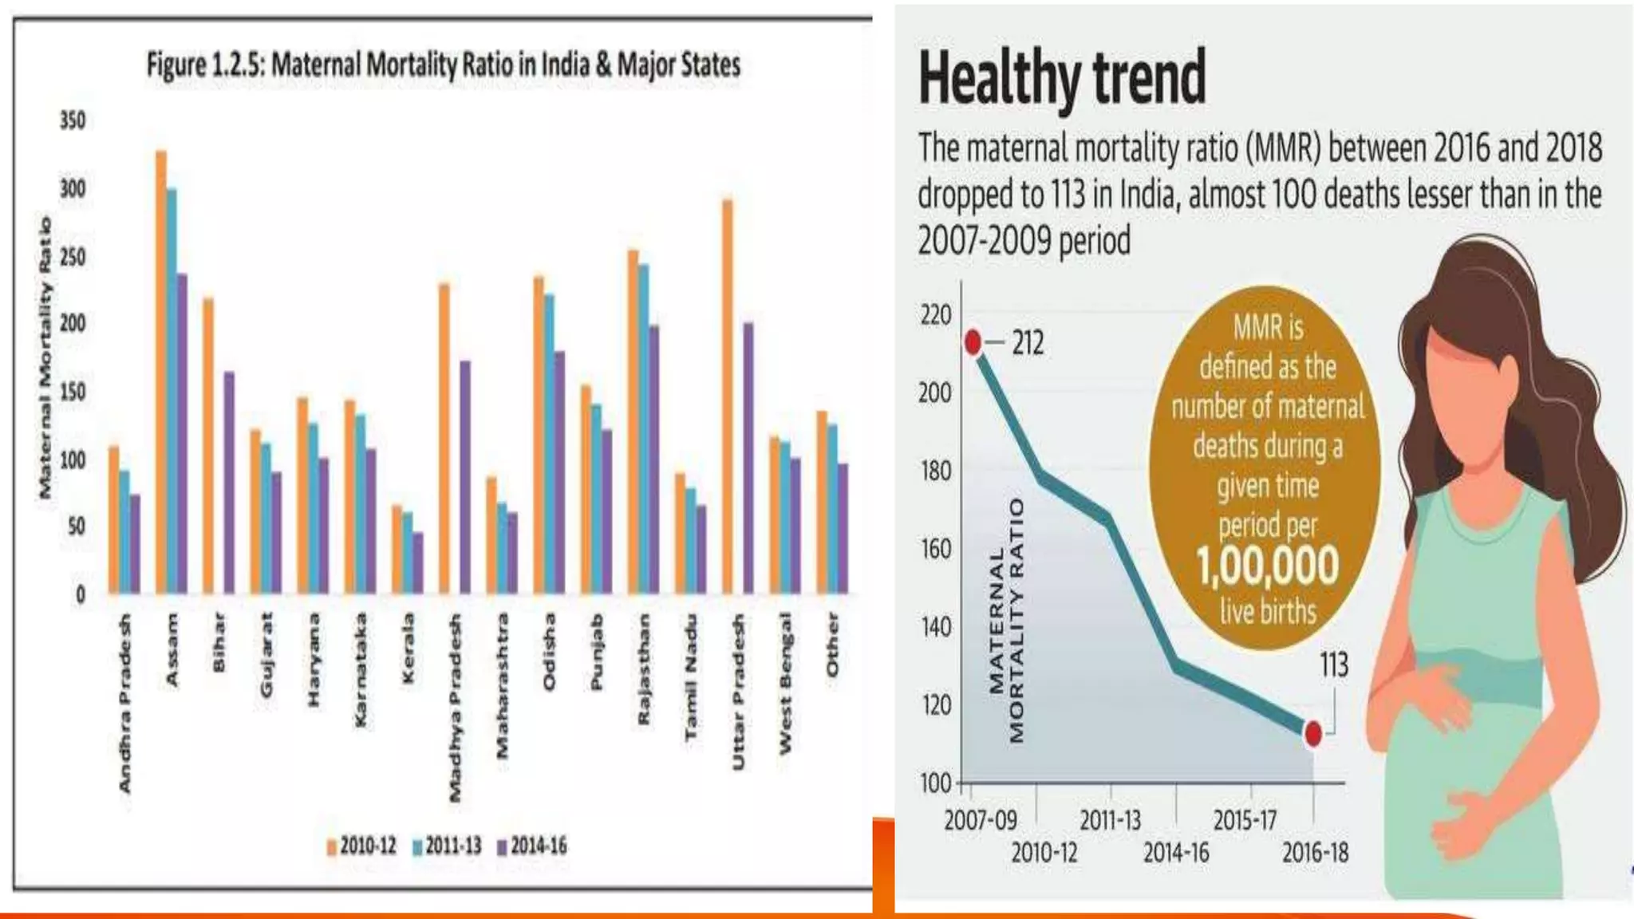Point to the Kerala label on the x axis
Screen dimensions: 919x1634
tap(408, 647)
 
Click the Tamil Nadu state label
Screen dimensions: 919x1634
tap(691, 676)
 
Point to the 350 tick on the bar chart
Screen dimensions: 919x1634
tap(73, 120)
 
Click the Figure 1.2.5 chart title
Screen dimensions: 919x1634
tap(444, 65)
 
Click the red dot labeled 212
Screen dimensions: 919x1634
tap(973, 342)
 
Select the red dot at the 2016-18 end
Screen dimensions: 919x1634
tap(1312, 733)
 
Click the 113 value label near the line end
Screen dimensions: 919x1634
tap(1333, 665)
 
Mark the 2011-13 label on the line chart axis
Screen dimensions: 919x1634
tap(1110, 820)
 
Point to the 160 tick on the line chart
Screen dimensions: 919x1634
tap(935, 549)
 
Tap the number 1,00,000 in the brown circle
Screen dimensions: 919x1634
tap(1267, 566)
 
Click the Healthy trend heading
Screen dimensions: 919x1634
tap(1062, 77)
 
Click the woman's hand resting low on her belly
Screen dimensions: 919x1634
tap(1468, 822)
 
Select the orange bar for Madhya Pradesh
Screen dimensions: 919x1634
tap(444, 438)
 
